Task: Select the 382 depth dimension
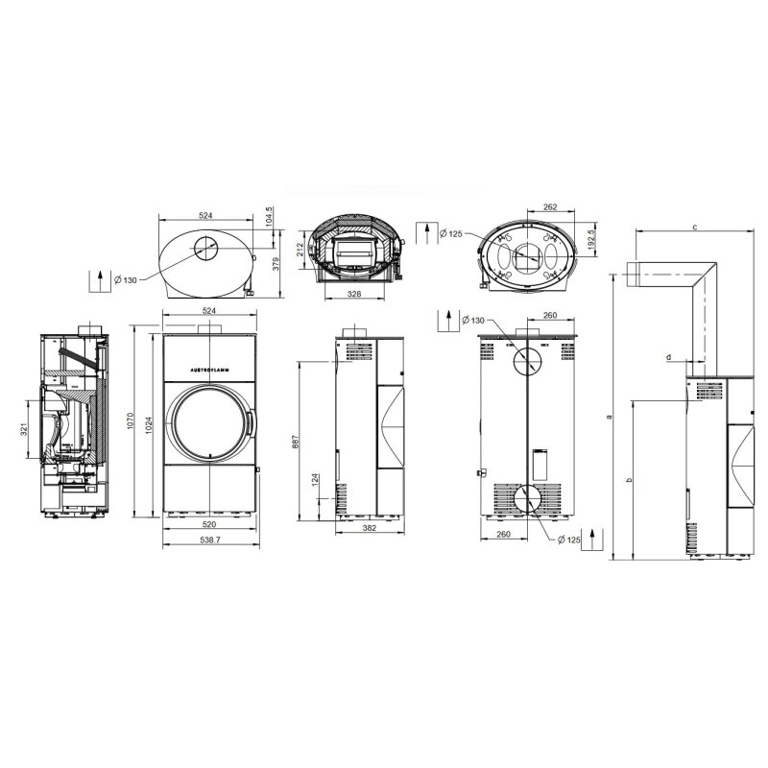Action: tap(369, 528)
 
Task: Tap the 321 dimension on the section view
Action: tap(23, 430)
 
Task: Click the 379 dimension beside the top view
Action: tap(276, 264)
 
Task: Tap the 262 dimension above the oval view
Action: tap(550, 206)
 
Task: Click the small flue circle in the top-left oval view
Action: tap(205, 249)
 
